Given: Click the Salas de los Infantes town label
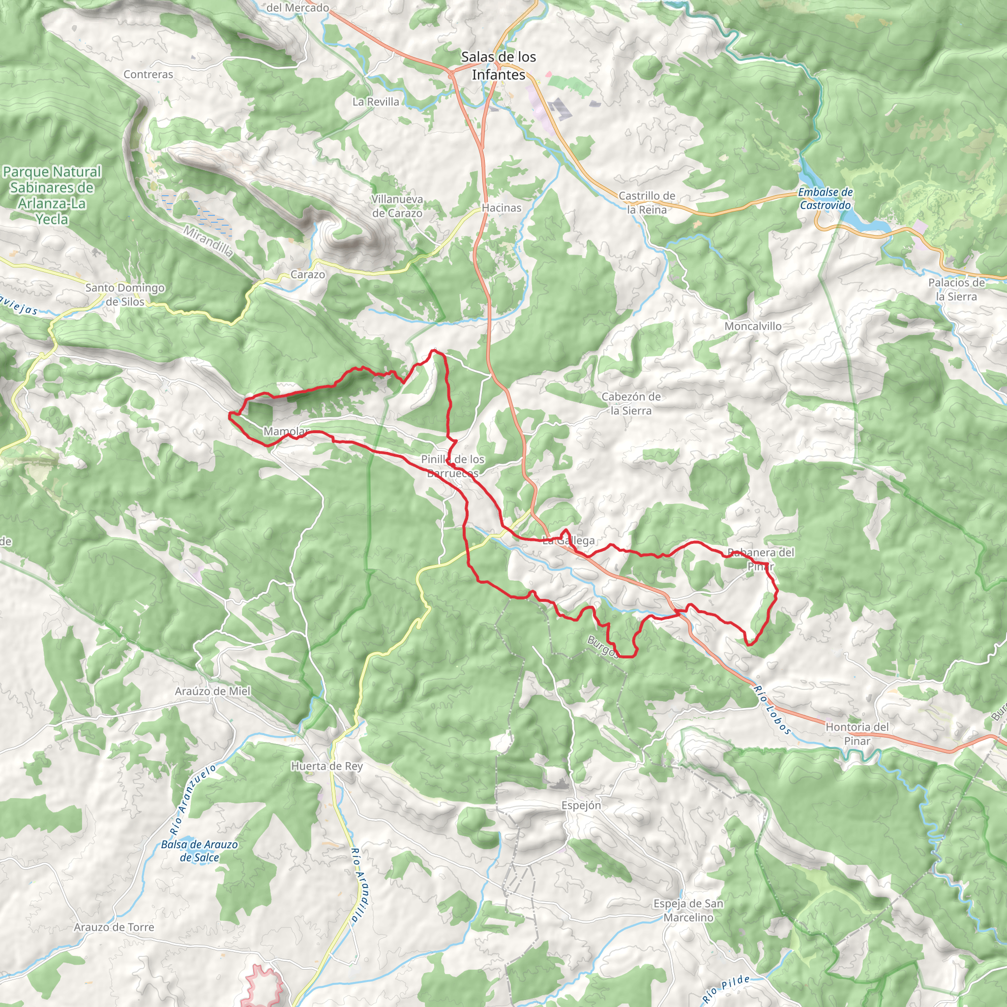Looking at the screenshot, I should [498, 66].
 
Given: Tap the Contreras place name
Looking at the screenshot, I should [148, 75].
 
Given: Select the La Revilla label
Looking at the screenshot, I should [376, 102].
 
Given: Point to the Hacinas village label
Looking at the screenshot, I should [502, 208].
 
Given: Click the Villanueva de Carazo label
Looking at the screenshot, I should [397, 206].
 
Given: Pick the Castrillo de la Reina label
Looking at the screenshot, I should [647, 203].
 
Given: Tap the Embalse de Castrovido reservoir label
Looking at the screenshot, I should [826, 199].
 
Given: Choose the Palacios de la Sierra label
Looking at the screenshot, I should [956, 289].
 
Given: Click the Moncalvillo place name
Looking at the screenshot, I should [753, 326].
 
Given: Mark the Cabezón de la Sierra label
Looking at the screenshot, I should [631, 403].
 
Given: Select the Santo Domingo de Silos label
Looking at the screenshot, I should [125, 295].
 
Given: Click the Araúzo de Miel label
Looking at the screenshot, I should [212, 691].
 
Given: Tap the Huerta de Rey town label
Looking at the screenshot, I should [327, 766].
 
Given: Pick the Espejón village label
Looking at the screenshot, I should [581, 805].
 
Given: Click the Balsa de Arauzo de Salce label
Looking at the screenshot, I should [199, 851].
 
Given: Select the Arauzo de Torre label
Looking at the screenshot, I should [114, 927].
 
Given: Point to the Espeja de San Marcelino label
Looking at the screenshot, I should [688, 910].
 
